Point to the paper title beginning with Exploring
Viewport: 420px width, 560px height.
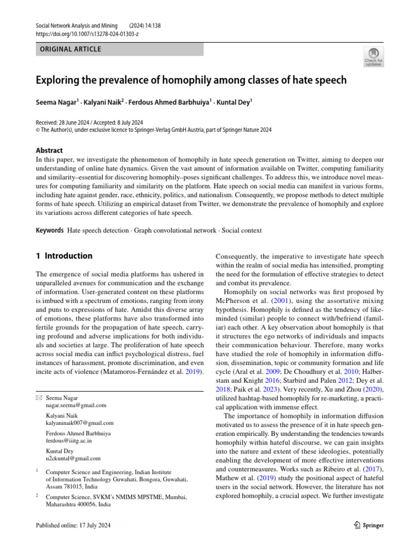(x=191, y=80)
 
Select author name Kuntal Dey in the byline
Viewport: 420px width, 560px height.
(x=234, y=102)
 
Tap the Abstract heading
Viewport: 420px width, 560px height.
(x=49, y=150)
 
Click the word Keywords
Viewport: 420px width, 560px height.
(x=50, y=230)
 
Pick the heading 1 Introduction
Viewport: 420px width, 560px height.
(x=64, y=256)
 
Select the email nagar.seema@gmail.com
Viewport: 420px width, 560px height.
(x=76, y=405)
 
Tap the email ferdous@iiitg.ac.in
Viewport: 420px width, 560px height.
(x=69, y=440)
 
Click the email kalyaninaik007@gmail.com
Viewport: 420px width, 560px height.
(x=80, y=423)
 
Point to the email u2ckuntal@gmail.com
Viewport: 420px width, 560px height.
(x=73, y=458)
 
